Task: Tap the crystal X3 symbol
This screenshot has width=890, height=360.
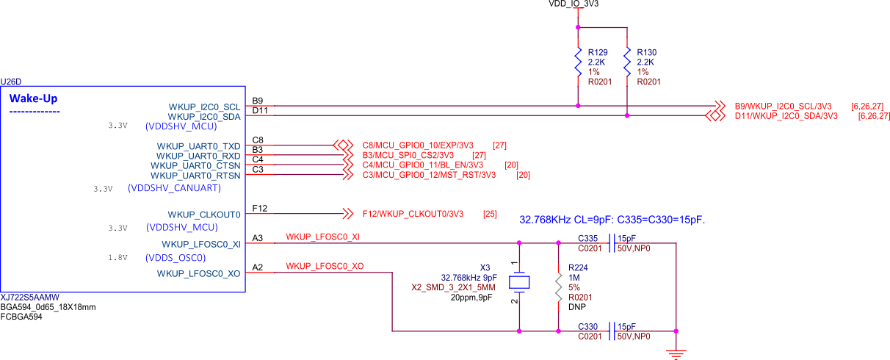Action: [519, 281]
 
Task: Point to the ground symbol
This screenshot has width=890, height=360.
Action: [676, 353]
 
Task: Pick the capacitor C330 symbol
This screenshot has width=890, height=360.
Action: [614, 331]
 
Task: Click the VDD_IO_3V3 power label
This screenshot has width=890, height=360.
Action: [574, 4]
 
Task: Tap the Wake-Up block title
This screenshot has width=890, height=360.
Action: [33, 98]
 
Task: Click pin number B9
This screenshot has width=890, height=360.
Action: [258, 101]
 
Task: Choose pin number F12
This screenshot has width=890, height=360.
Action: [260, 209]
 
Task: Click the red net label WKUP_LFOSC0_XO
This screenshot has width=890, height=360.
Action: [325, 266]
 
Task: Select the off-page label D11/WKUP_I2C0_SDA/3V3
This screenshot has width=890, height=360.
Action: [786, 116]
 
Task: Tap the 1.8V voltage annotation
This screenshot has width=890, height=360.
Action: [117, 258]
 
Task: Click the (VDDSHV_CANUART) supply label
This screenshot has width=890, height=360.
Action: [174, 188]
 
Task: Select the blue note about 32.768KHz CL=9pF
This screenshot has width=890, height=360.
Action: [612, 219]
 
